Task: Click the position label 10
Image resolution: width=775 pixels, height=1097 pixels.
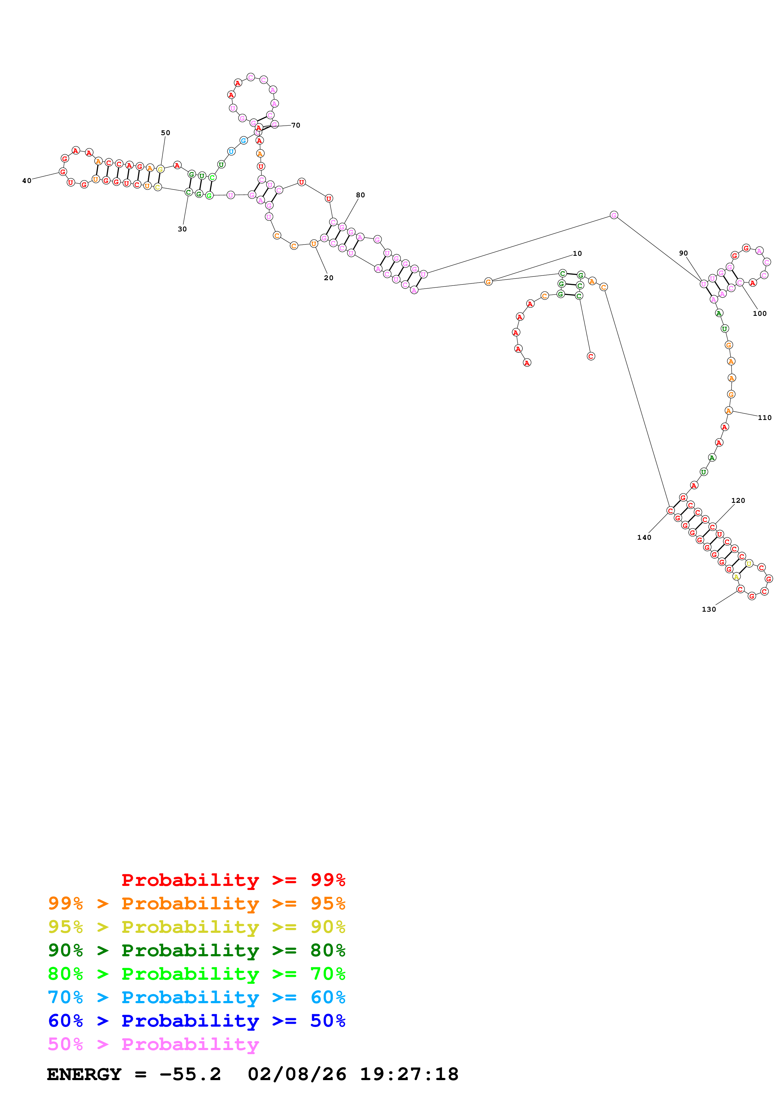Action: point(577,254)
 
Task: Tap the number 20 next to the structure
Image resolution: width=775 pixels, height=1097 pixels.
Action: point(329,278)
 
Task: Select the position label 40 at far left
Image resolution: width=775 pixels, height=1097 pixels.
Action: point(27,181)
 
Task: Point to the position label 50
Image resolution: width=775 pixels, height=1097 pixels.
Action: point(165,133)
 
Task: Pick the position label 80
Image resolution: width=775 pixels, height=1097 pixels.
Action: point(360,195)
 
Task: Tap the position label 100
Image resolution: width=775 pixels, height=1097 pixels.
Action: point(759,313)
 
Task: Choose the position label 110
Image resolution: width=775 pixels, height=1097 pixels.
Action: point(764,417)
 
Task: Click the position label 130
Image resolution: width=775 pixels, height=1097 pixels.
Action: point(709,609)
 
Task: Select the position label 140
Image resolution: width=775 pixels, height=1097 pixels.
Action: point(644,538)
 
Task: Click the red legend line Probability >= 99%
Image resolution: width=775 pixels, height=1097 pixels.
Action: point(233,880)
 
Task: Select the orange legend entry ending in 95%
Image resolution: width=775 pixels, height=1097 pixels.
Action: point(197,903)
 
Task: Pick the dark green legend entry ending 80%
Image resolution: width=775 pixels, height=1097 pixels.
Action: point(197,950)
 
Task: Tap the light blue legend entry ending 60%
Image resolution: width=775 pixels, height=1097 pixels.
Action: point(197,997)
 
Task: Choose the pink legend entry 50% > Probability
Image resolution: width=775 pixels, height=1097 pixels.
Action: point(153,1044)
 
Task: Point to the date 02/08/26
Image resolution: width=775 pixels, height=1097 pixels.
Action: point(297,1074)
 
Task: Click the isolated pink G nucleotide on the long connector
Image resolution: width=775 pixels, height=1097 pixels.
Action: point(614,215)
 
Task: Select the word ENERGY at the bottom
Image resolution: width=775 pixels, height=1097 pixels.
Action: point(84,1074)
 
